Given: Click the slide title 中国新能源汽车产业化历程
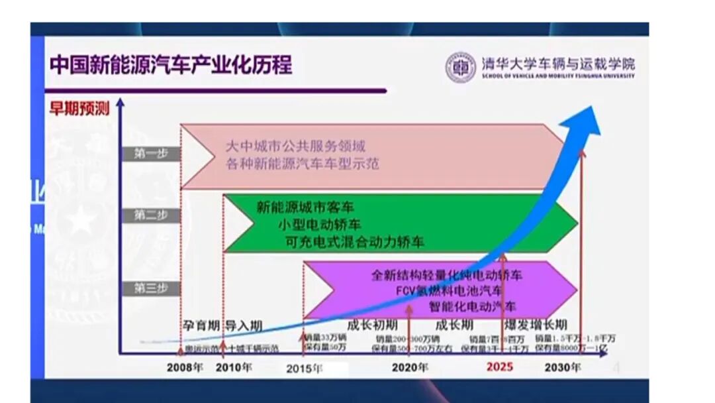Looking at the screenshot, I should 171,66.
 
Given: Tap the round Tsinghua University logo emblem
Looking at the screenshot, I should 461,67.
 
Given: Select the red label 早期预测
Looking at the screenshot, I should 79,109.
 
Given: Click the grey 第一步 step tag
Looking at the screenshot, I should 151,153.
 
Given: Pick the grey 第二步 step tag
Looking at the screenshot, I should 151,215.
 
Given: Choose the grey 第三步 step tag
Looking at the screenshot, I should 151,288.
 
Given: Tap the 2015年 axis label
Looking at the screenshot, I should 305,368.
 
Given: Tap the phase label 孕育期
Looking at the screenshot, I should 201,325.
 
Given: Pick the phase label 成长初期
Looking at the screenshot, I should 372,325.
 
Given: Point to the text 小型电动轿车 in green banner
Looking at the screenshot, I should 320,223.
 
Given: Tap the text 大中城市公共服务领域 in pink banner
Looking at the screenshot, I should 295,146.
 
